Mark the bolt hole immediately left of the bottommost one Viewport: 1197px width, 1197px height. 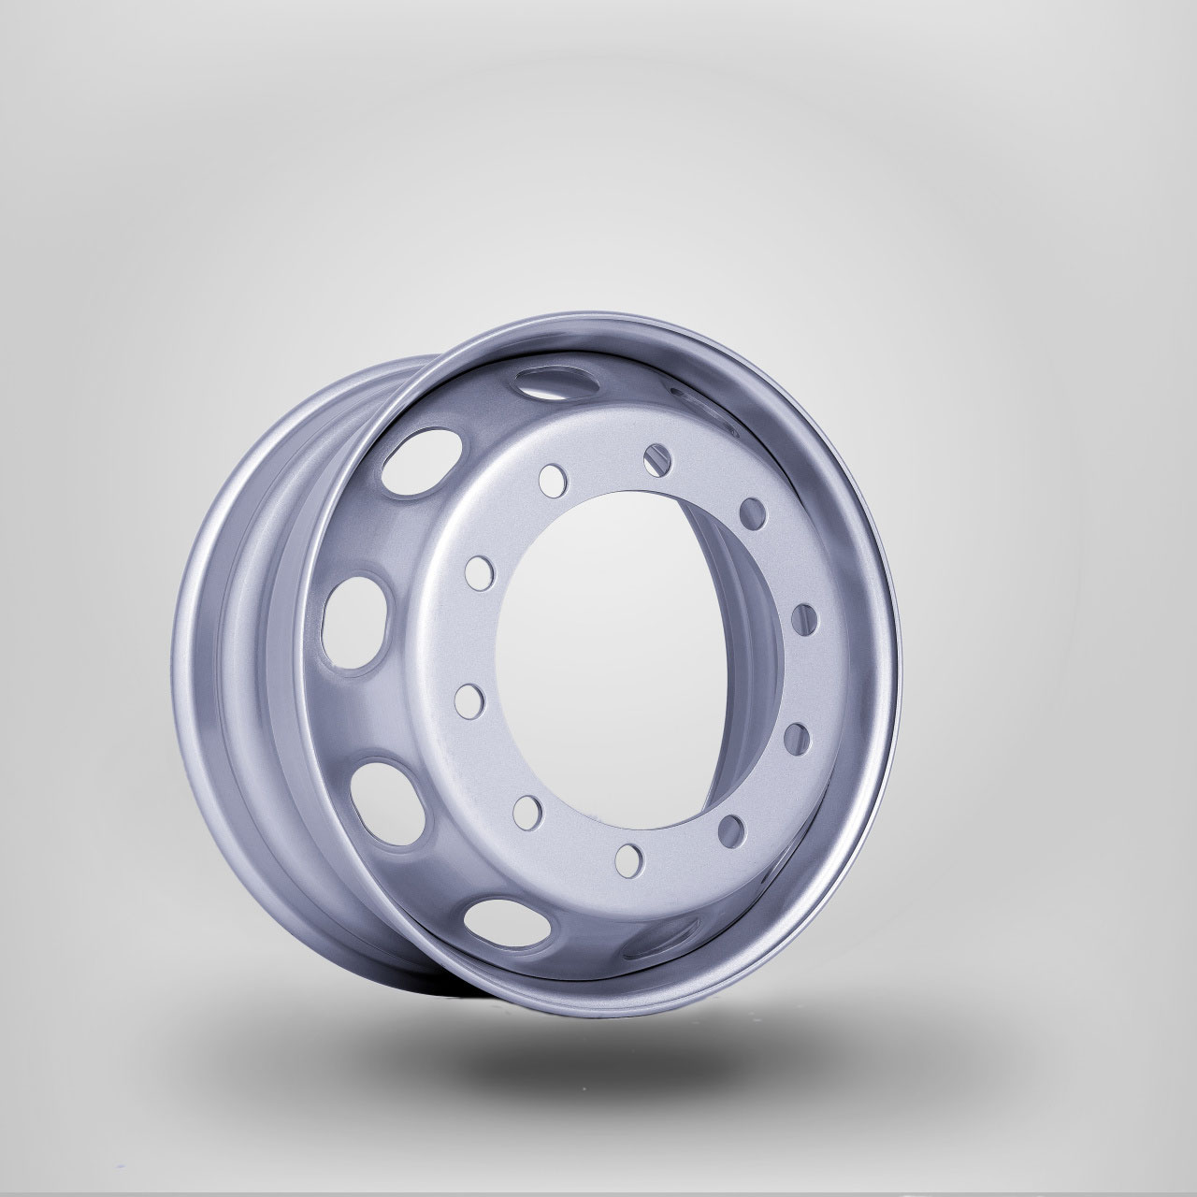[526, 809]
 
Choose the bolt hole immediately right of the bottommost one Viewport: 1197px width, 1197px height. [734, 828]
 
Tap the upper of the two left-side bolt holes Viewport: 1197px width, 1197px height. [478, 571]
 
